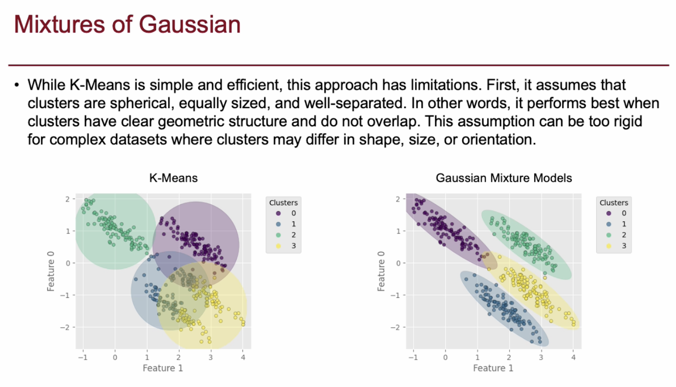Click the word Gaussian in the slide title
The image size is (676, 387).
[x=189, y=24]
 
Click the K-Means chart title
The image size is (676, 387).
[x=173, y=178]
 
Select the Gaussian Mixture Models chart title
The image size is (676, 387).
[x=504, y=178]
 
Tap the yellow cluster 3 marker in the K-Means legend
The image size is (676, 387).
[x=278, y=246]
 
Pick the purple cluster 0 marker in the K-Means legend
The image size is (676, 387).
[x=278, y=213]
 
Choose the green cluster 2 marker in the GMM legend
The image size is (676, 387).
[x=609, y=235]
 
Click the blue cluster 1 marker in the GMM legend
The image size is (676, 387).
[x=609, y=224]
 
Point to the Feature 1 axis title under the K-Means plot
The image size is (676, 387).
[x=163, y=368]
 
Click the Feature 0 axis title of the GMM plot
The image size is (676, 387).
[x=381, y=271]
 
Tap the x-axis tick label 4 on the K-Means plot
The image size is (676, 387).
[x=243, y=357]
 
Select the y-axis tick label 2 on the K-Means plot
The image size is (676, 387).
[x=67, y=199]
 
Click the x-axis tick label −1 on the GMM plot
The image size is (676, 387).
[x=413, y=357]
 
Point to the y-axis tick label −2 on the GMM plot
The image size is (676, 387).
[x=395, y=327]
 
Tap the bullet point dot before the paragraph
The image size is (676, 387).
[x=17, y=85]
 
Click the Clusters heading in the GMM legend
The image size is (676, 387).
[x=614, y=202]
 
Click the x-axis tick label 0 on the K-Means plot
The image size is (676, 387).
[x=115, y=357]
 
